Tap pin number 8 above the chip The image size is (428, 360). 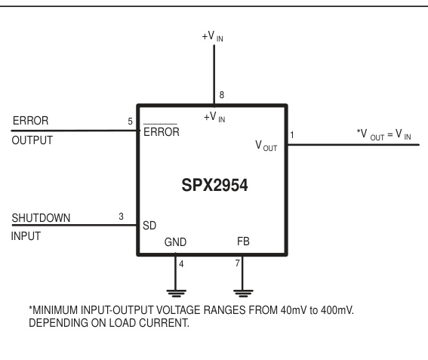[x=221, y=95]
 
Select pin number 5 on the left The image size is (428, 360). [x=130, y=121]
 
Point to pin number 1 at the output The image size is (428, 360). [x=293, y=135]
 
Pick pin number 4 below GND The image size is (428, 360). [x=180, y=263]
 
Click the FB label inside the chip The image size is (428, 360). [x=242, y=244]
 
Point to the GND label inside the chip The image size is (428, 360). [x=175, y=244]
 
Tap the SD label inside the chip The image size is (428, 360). [x=149, y=226]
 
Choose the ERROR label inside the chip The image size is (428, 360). [x=160, y=131]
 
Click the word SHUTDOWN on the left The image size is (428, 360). [x=42, y=218]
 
